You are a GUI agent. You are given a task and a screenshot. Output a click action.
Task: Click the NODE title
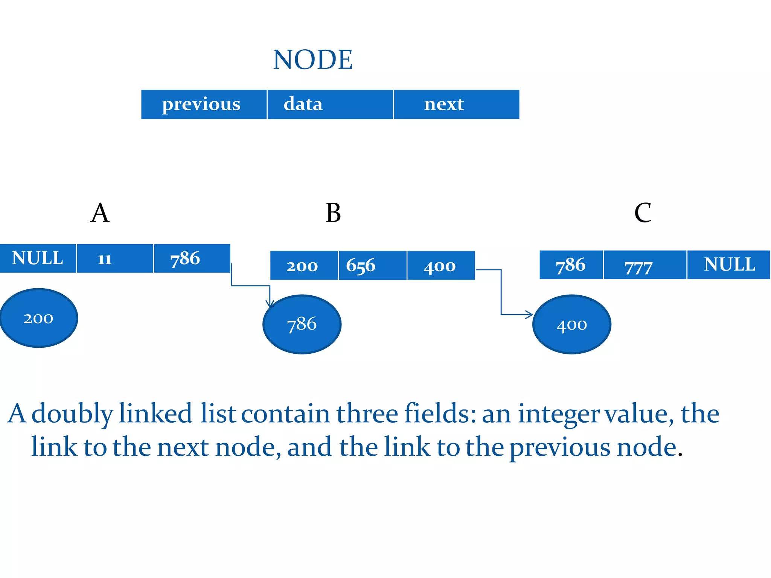[x=312, y=60]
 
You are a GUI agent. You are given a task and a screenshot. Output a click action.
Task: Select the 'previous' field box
[x=204, y=104]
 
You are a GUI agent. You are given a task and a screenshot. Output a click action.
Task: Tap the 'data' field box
[x=330, y=104]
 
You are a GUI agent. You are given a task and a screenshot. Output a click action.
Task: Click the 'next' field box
[x=456, y=104]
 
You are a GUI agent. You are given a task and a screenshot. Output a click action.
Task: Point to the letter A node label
[x=100, y=213]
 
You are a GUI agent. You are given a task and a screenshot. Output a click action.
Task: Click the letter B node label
[x=333, y=213]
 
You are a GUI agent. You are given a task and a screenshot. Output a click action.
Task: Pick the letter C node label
[x=642, y=213]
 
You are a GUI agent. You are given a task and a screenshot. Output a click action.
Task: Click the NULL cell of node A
[x=38, y=258]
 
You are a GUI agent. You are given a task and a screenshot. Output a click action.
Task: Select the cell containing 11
[x=115, y=258]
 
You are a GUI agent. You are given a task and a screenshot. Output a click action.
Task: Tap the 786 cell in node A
[x=192, y=258]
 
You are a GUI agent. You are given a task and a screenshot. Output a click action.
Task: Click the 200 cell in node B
[x=304, y=265]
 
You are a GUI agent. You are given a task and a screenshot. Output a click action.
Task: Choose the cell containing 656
[x=372, y=265]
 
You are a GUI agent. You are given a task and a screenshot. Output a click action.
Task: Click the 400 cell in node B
[x=441, y=265]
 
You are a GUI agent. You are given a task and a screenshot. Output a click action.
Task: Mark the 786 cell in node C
[x=571, y=265]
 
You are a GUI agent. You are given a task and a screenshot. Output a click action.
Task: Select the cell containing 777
[x=645, y=265]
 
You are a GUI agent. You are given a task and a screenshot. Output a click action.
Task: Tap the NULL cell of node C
[x=728, y=265]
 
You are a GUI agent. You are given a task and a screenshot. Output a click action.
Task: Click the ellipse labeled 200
[x=39, y=318]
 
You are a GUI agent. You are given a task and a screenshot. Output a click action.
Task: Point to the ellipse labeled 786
[x=302, y=324]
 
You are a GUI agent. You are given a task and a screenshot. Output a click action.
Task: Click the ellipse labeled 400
[x=571, y=324]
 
